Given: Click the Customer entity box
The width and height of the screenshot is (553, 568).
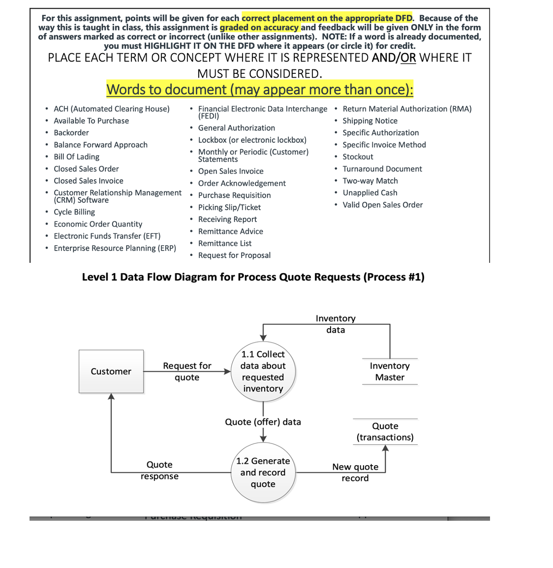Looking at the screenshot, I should [111, 372].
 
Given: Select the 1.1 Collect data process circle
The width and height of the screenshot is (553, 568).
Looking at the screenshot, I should [263, 371].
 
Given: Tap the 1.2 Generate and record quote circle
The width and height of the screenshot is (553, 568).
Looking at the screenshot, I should [263, 473].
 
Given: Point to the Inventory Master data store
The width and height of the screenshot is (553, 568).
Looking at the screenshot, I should [390, 372].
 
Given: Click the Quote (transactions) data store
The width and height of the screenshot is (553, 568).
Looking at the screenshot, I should [385, 432].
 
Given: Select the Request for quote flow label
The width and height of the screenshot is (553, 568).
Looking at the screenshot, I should [187, 372].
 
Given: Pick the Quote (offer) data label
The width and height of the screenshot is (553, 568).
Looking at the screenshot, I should [263, 422].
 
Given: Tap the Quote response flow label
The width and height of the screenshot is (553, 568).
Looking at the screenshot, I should [159, 471].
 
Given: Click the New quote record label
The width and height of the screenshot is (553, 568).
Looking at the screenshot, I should [355, 473].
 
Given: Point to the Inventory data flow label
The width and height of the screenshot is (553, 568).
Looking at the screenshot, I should [336, 324].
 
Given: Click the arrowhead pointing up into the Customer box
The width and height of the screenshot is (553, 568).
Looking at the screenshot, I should [112, 397].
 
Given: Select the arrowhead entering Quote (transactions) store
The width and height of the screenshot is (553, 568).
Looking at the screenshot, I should [385, 448].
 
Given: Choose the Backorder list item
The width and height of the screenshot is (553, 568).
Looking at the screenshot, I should [71, 133].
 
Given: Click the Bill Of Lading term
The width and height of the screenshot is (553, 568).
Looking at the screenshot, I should [76, 157].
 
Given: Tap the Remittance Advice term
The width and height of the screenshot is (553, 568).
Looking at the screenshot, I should [230, 231].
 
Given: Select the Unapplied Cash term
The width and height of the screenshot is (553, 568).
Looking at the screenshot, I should [369, 193].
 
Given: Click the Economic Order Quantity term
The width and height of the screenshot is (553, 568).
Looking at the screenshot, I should [98, 224].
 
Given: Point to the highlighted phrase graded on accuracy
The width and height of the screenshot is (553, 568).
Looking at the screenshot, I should [259, 28].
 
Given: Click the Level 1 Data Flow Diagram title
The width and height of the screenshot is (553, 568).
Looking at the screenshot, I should [253, 277].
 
